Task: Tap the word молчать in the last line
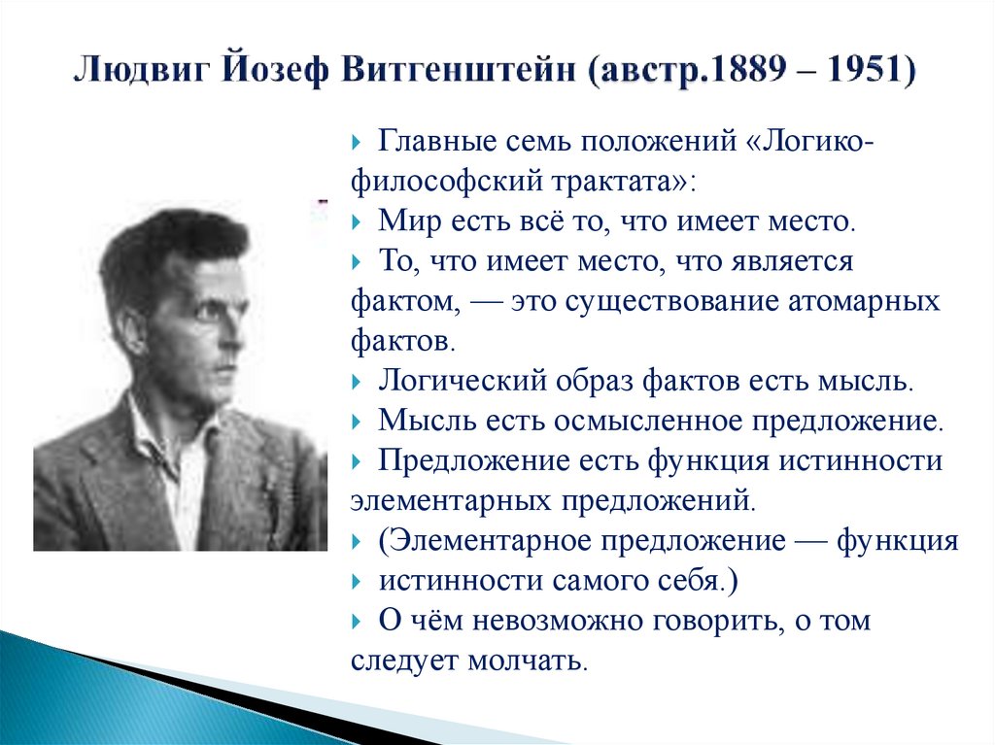pos(529,660)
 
